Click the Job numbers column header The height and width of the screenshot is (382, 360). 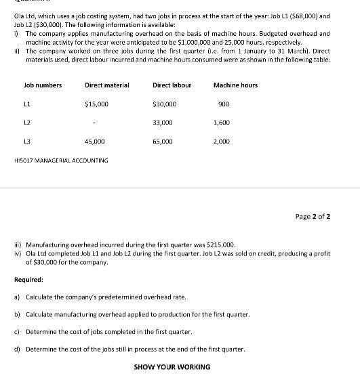42,85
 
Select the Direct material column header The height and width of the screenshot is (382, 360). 104,85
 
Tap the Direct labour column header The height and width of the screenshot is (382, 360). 172,85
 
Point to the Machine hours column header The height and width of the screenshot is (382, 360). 235,85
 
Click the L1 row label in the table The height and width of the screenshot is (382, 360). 27,104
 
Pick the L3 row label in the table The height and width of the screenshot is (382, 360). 27,142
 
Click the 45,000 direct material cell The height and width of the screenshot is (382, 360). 94,142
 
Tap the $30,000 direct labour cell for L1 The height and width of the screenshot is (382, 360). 165,104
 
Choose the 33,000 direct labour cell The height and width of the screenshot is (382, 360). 163,123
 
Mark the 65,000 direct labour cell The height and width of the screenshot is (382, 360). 163,142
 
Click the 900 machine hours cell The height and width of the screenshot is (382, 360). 224,104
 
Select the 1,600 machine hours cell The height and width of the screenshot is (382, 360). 222,123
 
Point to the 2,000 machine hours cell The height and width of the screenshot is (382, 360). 222,142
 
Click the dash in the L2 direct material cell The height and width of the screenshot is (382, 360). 95,123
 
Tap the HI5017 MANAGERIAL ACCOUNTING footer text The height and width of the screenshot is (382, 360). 61,161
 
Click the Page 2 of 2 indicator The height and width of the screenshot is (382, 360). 313,217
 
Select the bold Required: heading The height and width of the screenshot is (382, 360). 28,279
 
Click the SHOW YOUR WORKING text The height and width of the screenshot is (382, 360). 172,367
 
